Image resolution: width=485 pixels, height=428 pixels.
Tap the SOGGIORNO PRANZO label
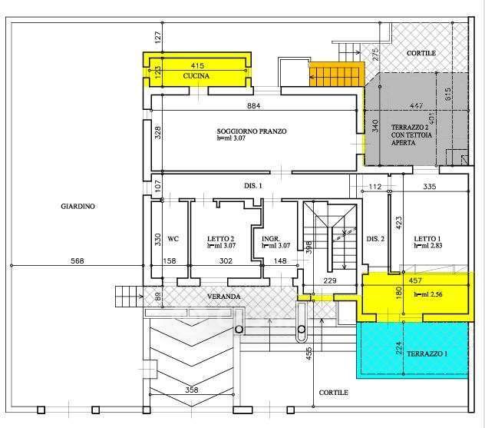coord(251,131)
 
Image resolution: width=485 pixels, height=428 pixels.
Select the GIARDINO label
coord(79,206)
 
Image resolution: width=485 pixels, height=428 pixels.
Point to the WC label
coord(173,239)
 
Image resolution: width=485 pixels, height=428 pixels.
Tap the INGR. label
coord(269,239)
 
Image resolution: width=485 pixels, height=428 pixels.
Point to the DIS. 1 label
coord(253,187)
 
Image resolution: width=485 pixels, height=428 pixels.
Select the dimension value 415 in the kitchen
coord(197,66)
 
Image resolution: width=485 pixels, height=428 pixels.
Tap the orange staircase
coord(335,75)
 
